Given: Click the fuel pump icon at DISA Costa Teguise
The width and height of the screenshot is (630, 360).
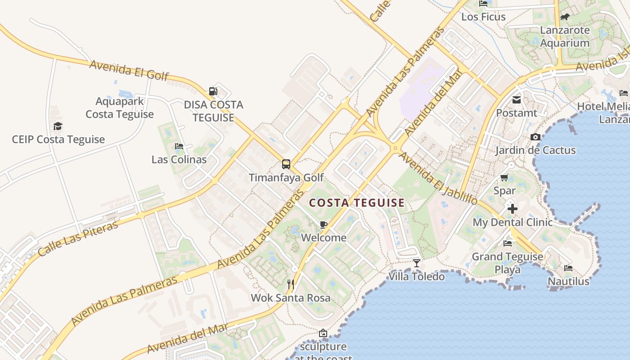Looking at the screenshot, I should tap(213, 92).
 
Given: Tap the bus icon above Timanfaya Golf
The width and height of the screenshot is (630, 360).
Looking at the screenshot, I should tap(286, 164).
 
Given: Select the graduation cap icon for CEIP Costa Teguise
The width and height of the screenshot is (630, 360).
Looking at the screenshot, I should tap(58, 126).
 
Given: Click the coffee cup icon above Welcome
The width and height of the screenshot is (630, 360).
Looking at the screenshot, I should tap(323, 225).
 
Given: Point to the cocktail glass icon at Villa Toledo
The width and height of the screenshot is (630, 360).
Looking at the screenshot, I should tap(417, 263).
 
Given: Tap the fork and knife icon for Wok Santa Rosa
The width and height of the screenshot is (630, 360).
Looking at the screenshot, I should tap(291, 284).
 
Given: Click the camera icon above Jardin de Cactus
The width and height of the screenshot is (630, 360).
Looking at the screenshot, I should tap(535, 137).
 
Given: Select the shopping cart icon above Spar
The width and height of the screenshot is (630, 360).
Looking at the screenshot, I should tap(504, 178).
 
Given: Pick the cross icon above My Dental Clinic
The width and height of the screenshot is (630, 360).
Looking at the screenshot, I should tap(512, 209).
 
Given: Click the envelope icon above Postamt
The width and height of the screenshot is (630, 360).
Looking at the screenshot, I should tap(517, 100).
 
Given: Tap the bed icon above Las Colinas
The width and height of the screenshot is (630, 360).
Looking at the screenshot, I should tap(179, 146).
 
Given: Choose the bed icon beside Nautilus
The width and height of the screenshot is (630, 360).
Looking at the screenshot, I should tap(568, 268).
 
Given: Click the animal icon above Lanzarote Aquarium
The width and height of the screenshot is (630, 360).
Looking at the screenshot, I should tap(564, 17).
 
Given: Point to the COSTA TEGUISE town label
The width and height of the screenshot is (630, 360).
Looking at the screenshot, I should tap(357, 203).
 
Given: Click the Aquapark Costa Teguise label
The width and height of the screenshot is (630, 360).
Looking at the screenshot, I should tap(120, 108).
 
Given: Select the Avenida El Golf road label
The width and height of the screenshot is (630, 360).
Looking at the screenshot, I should tap(129, 70).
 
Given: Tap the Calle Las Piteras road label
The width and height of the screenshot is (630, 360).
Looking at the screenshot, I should tap(78, 238).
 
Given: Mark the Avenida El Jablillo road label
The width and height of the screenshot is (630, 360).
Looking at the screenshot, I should tap(437, 178).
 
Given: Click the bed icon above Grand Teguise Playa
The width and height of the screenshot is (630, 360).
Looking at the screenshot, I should tap(508, 243).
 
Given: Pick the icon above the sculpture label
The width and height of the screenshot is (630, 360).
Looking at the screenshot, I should tap(323, 333).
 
